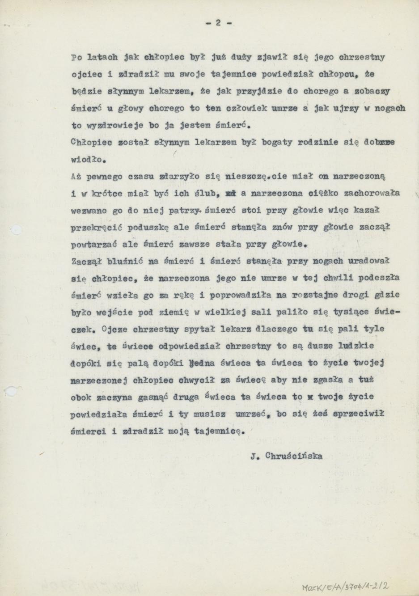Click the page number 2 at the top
pyautogui.click(x=218, y=23)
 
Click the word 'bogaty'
pyautogui.click(x=279, y=143)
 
